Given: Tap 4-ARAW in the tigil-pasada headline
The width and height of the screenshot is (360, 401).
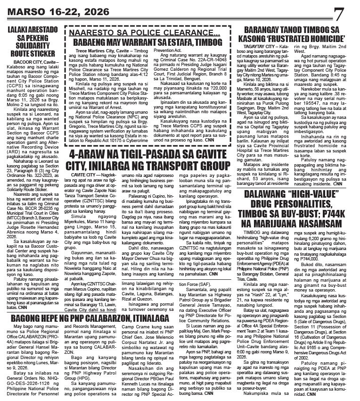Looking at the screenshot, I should coord(90,144).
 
